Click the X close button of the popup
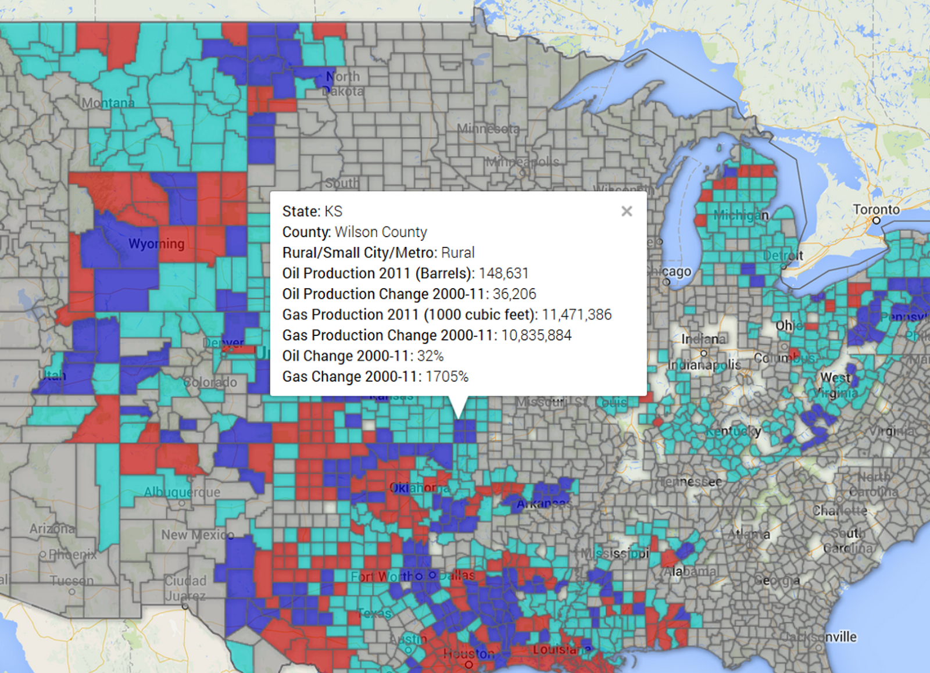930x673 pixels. [x=627, y=212]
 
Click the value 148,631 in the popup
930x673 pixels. [x=503, y=273]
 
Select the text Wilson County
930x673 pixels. [x=381, y=232]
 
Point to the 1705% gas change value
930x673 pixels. [x=446, y=377]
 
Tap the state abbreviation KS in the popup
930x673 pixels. [x=333, y=212]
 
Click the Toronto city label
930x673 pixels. [x=876, y=209]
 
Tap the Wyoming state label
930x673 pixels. [x=156, y=244]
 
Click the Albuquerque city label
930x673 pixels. [x=182, y=492]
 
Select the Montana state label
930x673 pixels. [x=108, y=103]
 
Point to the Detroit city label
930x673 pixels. [x=783, y=255]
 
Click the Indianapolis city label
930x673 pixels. [x=704, y=364]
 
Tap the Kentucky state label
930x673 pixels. [x=733, y=431]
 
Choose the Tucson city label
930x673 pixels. [x=71, y=581]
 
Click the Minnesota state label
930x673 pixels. [x=488, y=128]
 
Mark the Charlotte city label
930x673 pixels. [x=839, y=511]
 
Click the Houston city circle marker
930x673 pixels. [x=468, y=664]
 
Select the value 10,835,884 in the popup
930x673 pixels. [x=536, y=335]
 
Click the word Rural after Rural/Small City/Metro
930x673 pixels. [x=457, y=253]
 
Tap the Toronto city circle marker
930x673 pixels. [x=877, y=220]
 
